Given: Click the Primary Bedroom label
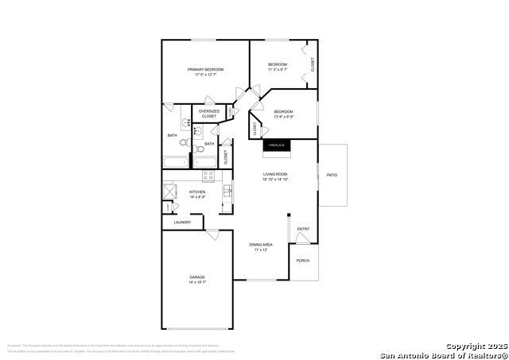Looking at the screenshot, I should tap(205, 70).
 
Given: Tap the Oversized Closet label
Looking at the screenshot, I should tap(208, 114).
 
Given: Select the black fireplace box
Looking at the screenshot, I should tap(276, 145).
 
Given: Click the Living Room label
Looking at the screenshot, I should tap(276, 174).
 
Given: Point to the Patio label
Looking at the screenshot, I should tap(332, 175).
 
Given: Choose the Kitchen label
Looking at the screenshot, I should tap(197, 192).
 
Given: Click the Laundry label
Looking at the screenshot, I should tap(182, 223).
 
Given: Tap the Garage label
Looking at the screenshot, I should tap(197, 277).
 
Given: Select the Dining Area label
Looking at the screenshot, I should tap(261, 245).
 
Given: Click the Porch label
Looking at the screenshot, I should tap(302, 261).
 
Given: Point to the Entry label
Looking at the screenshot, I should tap(303, 230).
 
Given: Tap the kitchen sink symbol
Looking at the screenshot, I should tap(227, 191).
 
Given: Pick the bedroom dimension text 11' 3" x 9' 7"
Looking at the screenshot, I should tap(277, 70).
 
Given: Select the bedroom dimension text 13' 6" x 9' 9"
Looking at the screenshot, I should tap(284, 117).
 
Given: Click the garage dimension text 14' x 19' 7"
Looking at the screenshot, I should tap(197, 283).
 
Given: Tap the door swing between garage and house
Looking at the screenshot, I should tap(212, 234).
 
